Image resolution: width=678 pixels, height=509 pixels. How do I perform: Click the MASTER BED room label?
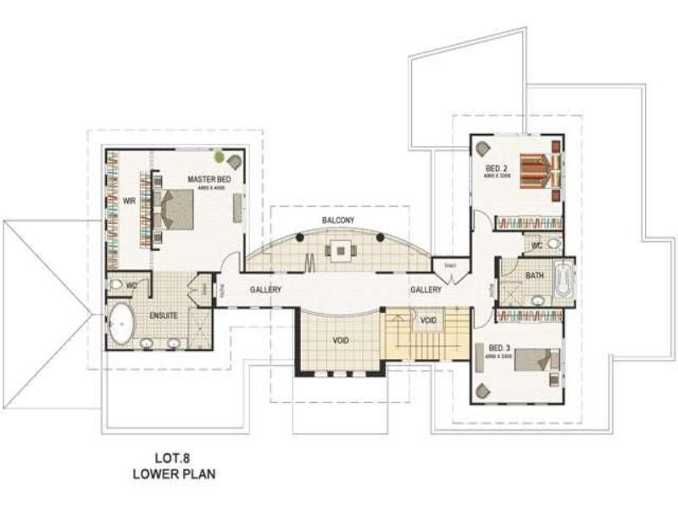click(x=208, y=179)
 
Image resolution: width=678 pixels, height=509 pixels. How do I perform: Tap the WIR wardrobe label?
click(x=129, y=201)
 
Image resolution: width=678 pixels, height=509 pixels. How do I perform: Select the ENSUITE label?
click(x=163, y=315)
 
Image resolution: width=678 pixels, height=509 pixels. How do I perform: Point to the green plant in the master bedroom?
click(x=220, y=157)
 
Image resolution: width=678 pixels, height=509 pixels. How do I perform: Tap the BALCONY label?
click(x=338, y=221)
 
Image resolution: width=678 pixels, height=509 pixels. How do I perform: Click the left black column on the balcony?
click(x=300, y=238)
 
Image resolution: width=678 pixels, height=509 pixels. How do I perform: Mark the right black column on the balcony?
click(x=381, y=237)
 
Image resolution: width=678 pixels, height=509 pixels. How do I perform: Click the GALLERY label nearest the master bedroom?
click(x=265, y=290)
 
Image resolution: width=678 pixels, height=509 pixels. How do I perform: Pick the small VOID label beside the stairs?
click(x=428, y=321)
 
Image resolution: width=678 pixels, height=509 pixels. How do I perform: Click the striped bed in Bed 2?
click(x=536, y=170)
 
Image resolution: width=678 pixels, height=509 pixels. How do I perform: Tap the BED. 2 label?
click(x=497, y=168)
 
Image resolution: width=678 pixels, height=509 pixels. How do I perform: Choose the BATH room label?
click(x=534, y=276)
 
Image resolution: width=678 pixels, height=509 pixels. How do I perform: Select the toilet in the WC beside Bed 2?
click(x=553, y=244)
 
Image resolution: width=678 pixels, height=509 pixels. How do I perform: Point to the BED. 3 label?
click(x=497, y=346)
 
